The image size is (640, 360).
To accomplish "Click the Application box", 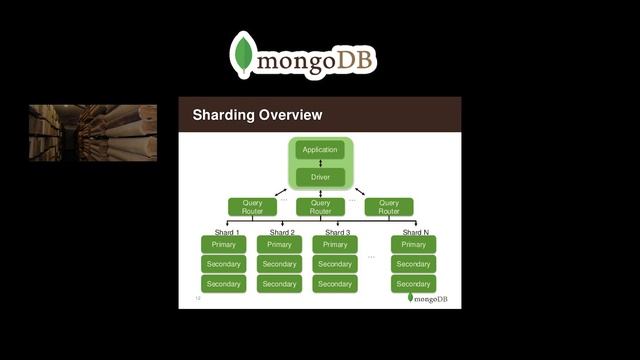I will [320, 150].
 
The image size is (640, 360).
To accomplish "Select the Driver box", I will [320, 177].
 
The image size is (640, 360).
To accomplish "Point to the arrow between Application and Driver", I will [320, 163].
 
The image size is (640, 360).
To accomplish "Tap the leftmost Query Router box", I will [252, 207].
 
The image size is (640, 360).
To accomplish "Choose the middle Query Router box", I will [320, 207].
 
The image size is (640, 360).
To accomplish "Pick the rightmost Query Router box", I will [389, 207].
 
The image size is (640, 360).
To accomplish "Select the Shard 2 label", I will [282, 232].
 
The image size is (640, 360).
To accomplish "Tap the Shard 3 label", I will [337, 232].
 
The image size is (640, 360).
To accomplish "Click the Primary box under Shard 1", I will [223, 244].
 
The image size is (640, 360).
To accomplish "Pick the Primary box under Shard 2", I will [279, 244].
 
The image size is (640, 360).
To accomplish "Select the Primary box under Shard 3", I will [335, 244].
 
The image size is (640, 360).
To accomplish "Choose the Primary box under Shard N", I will [413, 244].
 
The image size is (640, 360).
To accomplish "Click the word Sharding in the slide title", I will [222, 115].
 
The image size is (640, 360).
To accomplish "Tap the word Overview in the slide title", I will [290, 115].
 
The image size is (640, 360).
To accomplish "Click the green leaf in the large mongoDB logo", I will [241, 55].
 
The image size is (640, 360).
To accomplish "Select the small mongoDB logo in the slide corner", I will [427, 298].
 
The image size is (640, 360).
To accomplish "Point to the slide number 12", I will [198, 298].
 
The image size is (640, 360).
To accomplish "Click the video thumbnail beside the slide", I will [92, 132].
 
